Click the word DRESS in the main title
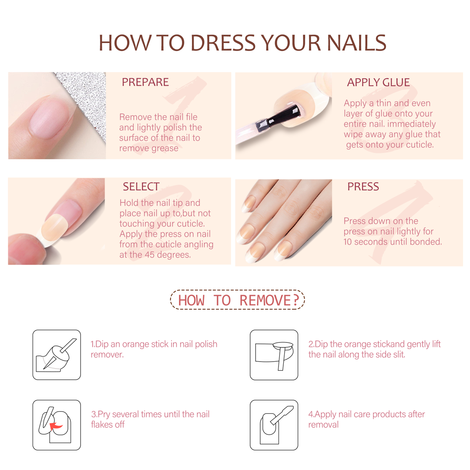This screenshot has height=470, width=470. coord(223,43)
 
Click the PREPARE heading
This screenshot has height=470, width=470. coord(145,82)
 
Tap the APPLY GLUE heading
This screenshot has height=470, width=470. coord(378,82)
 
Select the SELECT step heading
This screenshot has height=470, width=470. coord(141,186)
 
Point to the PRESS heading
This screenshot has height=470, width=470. coord(363,186)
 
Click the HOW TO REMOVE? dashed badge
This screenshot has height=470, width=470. coord(238,300)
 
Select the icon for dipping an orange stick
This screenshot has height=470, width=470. coord(57,355)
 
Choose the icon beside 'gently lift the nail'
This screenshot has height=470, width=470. coord(274,355)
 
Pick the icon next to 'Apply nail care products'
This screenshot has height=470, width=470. coord(274,425)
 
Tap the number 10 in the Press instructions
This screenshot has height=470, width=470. coord(348,242)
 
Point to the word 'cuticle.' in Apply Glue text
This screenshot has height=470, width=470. coord(420,145)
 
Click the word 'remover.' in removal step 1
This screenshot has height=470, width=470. coord(107,355)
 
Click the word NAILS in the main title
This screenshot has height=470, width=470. coord(356,43)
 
